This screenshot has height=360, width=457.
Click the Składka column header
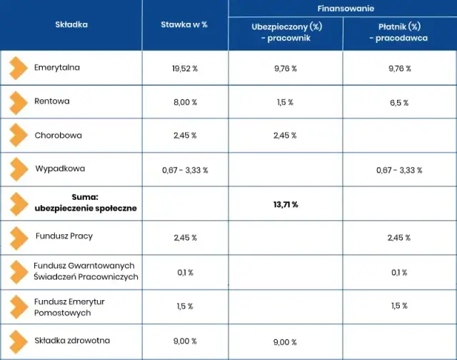click(x=71, y=24)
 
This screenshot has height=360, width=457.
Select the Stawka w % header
click(x=184, y=24)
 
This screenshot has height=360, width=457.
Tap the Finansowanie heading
click(x=342, y=9)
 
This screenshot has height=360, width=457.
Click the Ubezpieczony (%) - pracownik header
click(x=285, y=32)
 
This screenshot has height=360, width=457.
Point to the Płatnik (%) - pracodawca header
click(x=399, y=32)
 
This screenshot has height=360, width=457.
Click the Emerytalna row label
click(x=57, y=69)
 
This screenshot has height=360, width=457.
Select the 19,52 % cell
click(x=184, y=69)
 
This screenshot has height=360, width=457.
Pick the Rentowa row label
click(x=52, y=101)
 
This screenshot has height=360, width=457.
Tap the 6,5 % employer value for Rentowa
click(x=399, y=103)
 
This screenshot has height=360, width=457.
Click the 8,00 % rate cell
click(x=184, y=103)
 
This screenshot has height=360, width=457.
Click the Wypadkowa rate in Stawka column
click(x=184, y=170)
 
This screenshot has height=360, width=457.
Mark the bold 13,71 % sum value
click(x=285, y=204)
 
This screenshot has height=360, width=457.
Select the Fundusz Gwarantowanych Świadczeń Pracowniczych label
click(x=86, y=271)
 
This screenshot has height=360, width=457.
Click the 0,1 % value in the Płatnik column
click(x=399, y=273)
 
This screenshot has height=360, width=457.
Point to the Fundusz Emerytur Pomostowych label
click(x=69, y=306)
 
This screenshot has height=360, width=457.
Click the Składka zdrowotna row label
click(x=72, y=341)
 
